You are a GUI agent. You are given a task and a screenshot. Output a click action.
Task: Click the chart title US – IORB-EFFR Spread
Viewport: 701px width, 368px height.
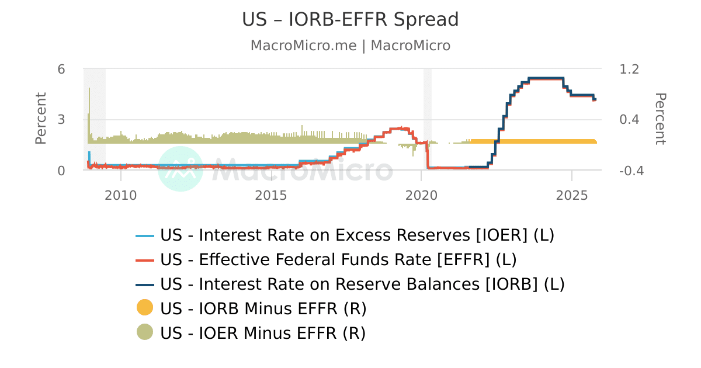pyautogui.click(x=350, y=20)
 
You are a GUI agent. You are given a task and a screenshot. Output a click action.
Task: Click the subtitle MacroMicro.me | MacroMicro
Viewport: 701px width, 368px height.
pyautogui.click(x=350, y=46)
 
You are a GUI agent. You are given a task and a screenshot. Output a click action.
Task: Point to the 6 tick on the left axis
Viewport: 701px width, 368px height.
pyautogui.click(x=61, y=69)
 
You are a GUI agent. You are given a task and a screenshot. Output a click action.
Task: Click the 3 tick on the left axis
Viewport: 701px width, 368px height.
pyautogui.click(x=61, y=120)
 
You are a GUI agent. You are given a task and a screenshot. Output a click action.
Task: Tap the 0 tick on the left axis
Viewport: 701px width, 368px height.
pyautogui.click(x=61, y=171)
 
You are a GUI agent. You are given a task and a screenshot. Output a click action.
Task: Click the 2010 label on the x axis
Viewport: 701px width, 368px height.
pyautogui.click(x=120, y=195)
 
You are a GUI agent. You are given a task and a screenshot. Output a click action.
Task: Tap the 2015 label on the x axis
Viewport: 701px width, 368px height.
pyautogui.click(x=271, y=195)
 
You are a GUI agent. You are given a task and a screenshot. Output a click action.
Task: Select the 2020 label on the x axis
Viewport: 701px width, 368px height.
pyautogui.click(x=422, y=195)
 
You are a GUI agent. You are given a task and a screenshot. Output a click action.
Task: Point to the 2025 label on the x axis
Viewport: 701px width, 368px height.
pyautogui.click(x=572, y=195)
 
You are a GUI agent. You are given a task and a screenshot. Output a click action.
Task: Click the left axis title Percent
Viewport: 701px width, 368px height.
pyautogui.click(x=41, y=119)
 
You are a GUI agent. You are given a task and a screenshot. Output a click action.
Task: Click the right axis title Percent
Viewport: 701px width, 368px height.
pyautogui.click(x=660, y=119)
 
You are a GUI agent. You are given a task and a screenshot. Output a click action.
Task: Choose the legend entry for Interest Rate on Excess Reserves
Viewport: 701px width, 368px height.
pyautogui.click(x=357, y=235)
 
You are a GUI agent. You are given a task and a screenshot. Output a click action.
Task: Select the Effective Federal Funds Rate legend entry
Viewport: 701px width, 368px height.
pyautogui.click(x=338, y=259)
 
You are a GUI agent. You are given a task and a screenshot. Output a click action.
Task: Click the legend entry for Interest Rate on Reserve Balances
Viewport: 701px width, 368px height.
pyautogui.click(x=362, y=284)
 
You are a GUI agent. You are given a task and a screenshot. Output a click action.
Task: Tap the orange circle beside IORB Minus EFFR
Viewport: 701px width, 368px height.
pyautogui.click(x=145, y=307)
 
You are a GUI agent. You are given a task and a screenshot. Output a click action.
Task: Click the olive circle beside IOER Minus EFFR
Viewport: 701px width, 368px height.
pyautogui.click(x=145, y=332)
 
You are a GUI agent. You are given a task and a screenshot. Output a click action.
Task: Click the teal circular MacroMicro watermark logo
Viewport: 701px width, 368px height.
pyautogui.click(x=181, y=169)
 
